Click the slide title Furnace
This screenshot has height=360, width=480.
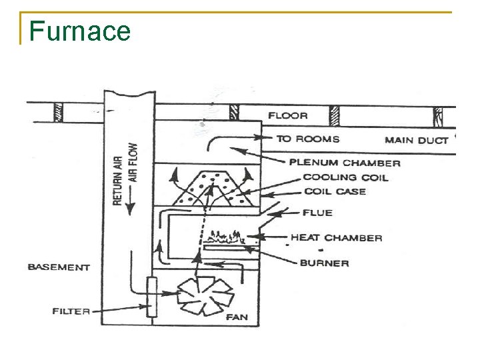[x=80, y=31]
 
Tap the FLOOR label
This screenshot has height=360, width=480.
[x=288, y=116]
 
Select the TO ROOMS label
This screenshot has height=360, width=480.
[x=308, y=139]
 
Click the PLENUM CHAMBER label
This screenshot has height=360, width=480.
[x=345, y=163]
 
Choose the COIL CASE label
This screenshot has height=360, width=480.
[x=334, y=191]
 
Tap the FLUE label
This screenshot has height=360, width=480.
[x=317, y=213]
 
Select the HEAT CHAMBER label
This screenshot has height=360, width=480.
[x=336, y=238]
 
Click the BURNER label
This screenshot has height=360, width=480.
[x=324, y=263]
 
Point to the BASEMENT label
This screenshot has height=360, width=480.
[x=59, y=267]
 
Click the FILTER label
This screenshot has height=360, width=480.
[x=71, y=311]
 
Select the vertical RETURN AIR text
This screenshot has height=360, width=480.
[x=117, y=175]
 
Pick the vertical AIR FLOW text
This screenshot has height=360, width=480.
[x=133, y=163]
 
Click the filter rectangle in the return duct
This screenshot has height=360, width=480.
[x=152, y=297]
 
